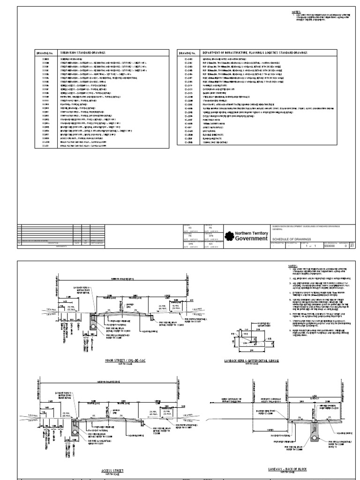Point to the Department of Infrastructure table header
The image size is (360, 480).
coord(249,53)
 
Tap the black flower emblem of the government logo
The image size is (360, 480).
coord(229,236)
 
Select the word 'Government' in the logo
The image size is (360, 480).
coord(252,239)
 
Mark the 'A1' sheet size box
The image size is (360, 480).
coord(352,245)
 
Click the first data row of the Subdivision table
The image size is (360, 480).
coord(70,60)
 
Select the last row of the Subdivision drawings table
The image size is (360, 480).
coord(70,146)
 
